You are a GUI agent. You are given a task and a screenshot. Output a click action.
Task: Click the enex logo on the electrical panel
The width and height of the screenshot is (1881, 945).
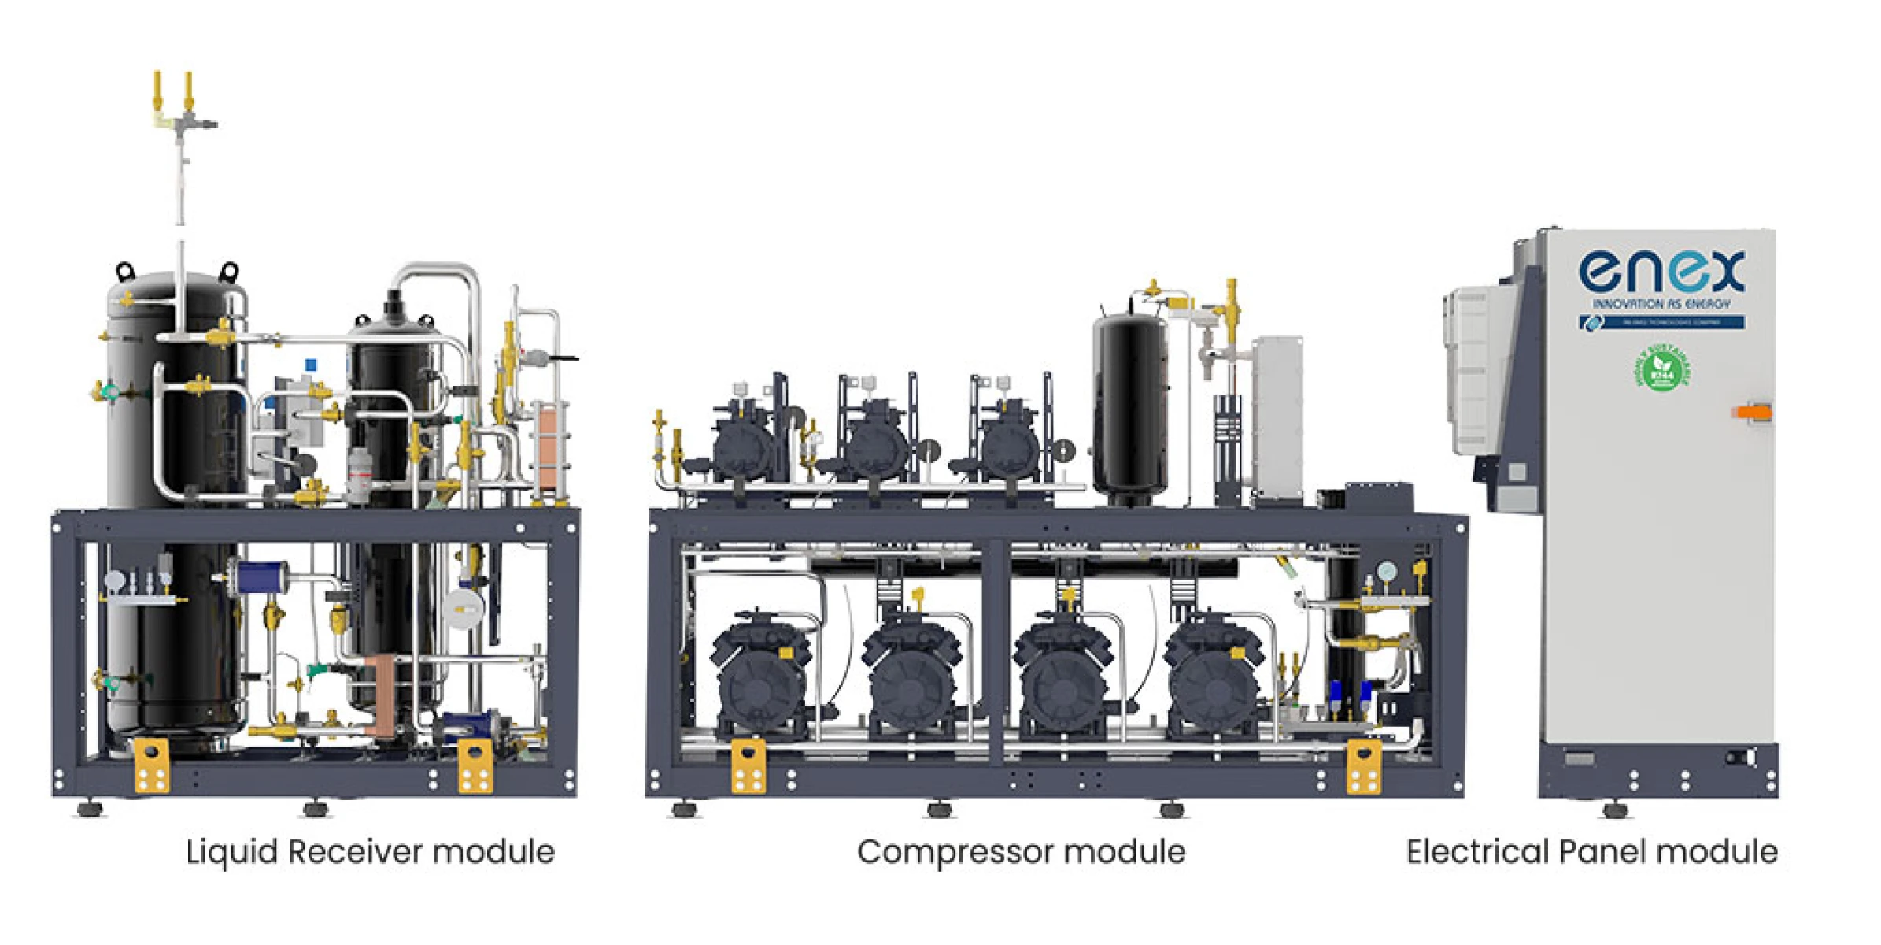click(x=1661, y=272)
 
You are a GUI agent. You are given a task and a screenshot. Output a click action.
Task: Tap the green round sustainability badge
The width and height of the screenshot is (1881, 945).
click(x=1662, y=368)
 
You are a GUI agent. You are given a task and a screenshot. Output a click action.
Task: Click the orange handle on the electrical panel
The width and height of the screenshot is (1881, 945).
click(x=1752, y=412)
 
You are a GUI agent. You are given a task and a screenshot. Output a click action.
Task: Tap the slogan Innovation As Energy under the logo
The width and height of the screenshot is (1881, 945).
click(x=1661, y=304)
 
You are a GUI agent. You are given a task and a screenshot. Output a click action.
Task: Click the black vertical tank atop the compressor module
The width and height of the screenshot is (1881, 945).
click(x=1130, y=409)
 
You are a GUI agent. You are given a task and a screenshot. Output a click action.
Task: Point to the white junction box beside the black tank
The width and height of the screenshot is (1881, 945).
click(x=1277, y=417)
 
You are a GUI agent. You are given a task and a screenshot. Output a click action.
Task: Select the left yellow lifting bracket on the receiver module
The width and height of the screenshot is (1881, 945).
click(x=152, y=765)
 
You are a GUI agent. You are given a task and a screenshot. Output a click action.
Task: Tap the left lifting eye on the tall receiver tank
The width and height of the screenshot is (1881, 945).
click(x=125, y=272)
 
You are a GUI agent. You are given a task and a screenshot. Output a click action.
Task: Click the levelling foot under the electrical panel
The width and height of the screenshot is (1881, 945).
click(x=1615, y=809)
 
